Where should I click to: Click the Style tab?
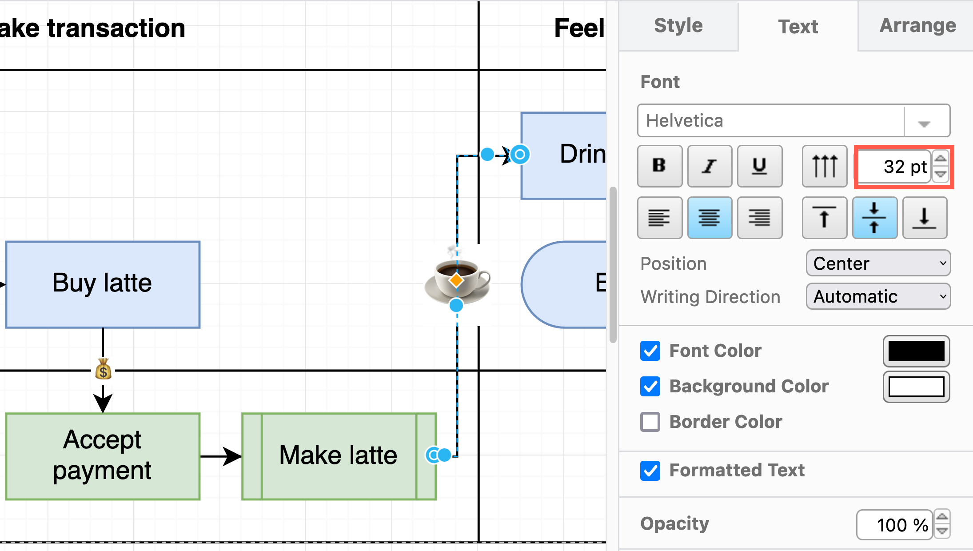(x=678, y=26)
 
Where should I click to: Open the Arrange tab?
(x=917, y=26)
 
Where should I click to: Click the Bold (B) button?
(x=659, y=166)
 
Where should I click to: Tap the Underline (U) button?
(x=759, y=166)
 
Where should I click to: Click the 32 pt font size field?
(x=894, y=167)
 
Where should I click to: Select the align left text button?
(x=659, y=218)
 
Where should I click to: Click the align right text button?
(x=759, y=218)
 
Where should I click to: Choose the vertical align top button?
(x=824, y=218)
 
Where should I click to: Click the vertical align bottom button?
(x=924, y=218)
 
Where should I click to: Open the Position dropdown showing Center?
(x=878, y=264)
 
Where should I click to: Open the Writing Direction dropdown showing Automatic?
(x=878, y=296)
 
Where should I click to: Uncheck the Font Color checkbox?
(x=650, y=351)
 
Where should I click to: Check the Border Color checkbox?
(x=650, y=422)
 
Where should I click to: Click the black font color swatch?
(x=916, y=351)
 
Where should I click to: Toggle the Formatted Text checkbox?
(x=650, y=471)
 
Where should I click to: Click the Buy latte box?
(x=103, y=284)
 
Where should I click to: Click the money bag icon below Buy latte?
(x=103, y=370)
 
